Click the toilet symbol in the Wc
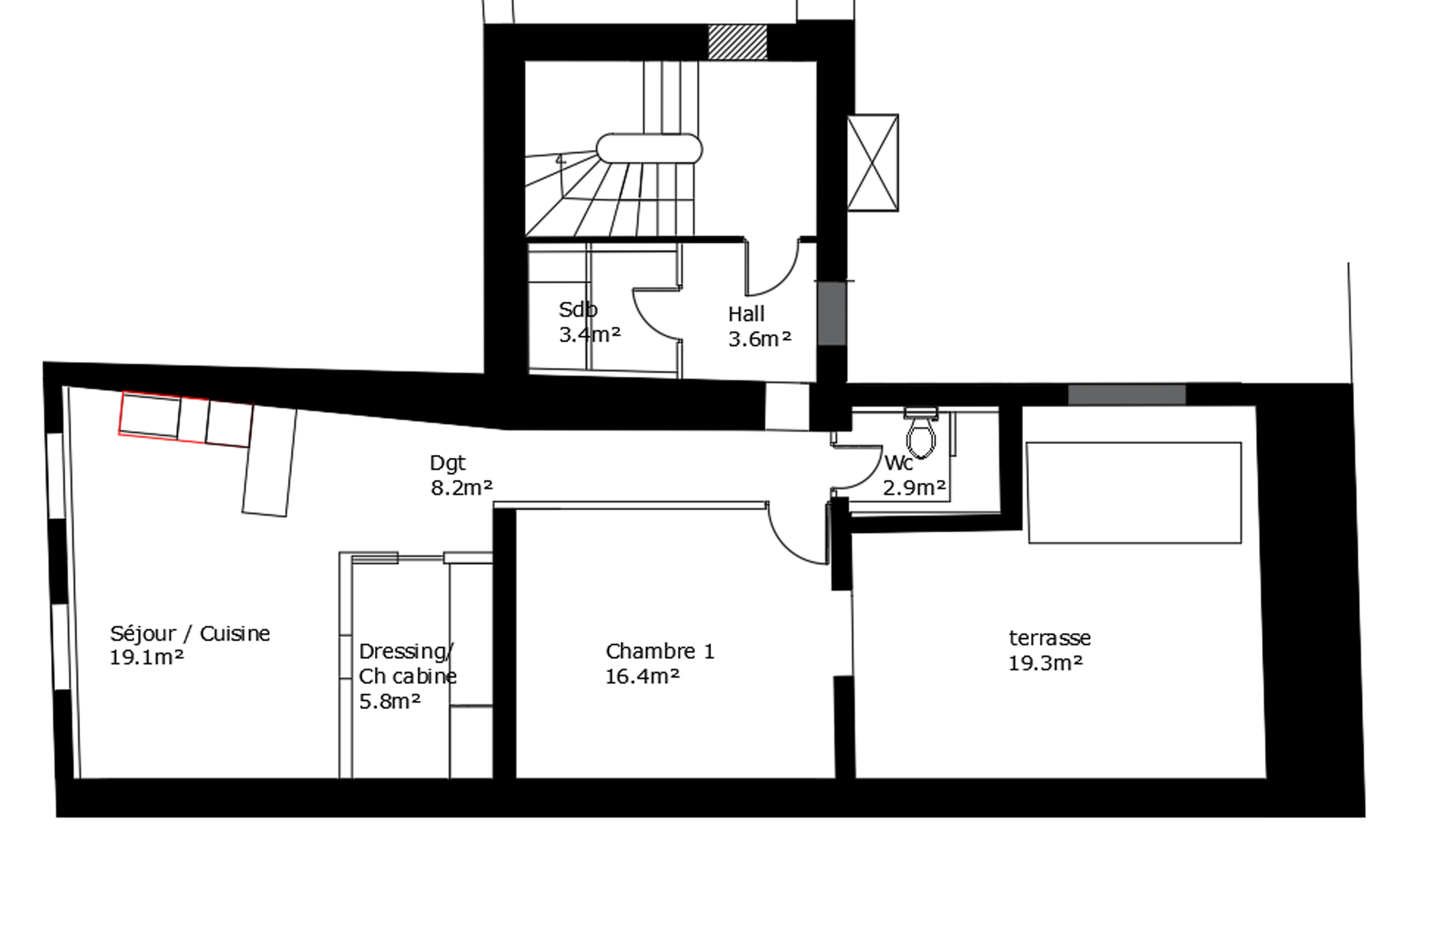click(921, 435)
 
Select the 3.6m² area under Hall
click(760, 339)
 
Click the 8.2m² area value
click(461, 488)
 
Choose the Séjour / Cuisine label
click(190, 634)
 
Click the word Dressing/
click(406, 652)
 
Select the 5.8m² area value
click(390, 702)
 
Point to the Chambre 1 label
click(659, 652)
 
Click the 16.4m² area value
click(642, 676)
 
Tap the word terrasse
click(1049, 638)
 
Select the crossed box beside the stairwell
click(872, 163)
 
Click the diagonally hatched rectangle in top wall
click(737, 42)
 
